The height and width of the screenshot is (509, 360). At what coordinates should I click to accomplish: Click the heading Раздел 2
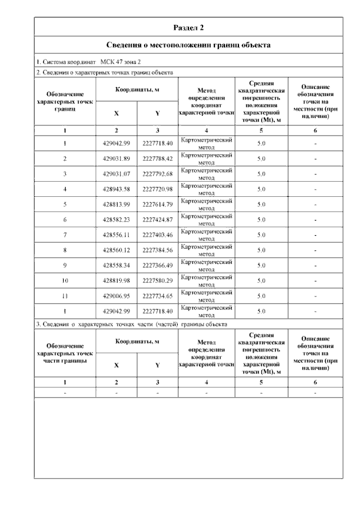188,27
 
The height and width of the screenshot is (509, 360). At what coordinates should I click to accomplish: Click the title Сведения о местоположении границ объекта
188,44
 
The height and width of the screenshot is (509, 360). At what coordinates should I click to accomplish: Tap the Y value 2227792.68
157,174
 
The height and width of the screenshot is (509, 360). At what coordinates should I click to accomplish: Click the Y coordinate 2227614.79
157,205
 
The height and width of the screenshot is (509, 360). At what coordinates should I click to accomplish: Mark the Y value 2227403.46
157,235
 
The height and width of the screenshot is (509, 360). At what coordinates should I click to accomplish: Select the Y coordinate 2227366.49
157,265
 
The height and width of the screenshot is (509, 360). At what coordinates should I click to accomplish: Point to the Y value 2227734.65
157,296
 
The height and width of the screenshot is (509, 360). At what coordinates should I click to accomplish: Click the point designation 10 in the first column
65,281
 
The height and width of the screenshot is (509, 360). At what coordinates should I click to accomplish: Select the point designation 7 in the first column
65,235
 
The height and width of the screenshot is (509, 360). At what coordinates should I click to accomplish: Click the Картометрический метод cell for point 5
206,205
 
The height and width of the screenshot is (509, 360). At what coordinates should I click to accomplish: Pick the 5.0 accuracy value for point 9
261,265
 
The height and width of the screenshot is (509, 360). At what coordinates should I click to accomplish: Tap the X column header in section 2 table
116,113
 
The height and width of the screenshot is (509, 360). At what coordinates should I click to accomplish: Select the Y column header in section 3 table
157,365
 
